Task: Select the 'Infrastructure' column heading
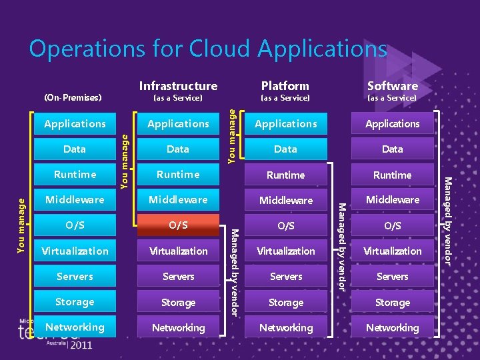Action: pyautogui.click(x=178, y=85)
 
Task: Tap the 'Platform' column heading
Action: pyautogui.click(x=285, y=85)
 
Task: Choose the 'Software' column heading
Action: pyautogui.click(x=393, y=85)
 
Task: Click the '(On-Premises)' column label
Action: pyautogui.click(x=73, y=98)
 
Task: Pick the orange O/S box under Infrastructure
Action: pyautogui.click(x=178, y=225)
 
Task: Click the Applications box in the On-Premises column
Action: pyautogui.click(x=75, y=123)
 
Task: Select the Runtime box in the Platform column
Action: pyautogui.click(x=285, y=175)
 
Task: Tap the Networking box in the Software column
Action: pyautogui.click(x=393, y=327)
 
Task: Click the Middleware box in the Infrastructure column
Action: pyautogui.click(x=178, y=199)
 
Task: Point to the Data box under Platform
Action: pyautogui.click(x=285, y=149)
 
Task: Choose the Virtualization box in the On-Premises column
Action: pyautogui.click(x=75, y=251)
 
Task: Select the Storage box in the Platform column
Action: pyautogui.click(x=285, y=303)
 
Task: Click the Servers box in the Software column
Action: pyautogui.click(x=393, y=277)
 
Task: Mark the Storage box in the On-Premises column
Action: pyautogui.click(x=75, y=302)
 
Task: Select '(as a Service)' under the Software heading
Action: pyautogui.click(x=393, y=98)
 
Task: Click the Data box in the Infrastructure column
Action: pyautogui.click(x=178, y=149)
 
